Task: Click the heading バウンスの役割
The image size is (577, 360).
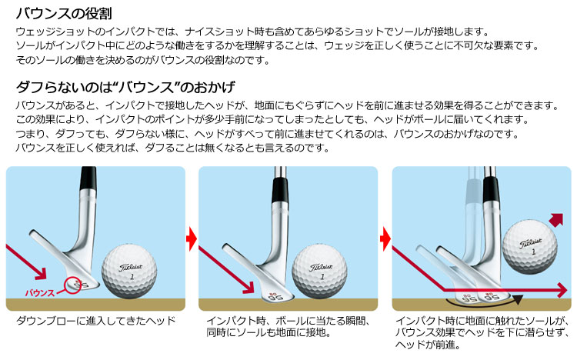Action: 64,14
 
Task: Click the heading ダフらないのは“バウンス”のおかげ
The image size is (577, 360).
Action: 125,87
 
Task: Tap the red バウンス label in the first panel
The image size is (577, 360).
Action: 40,293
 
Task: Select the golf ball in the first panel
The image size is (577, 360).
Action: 129,271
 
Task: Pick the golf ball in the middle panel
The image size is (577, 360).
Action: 320,272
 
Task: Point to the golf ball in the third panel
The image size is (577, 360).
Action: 530,248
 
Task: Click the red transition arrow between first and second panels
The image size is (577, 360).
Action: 192,239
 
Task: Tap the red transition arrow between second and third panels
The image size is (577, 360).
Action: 385,239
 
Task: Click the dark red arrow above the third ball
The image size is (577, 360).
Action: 556,220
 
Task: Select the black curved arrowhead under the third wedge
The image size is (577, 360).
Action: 517,300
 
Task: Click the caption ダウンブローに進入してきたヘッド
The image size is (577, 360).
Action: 95,321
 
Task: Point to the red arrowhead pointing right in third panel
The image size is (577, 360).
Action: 562,290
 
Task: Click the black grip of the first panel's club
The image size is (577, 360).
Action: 88,179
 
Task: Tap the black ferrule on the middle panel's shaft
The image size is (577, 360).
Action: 280,189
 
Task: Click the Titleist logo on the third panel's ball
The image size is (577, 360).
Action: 530,243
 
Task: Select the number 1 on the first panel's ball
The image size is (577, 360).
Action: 132,276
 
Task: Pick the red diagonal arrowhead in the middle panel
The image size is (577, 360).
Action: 248,287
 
